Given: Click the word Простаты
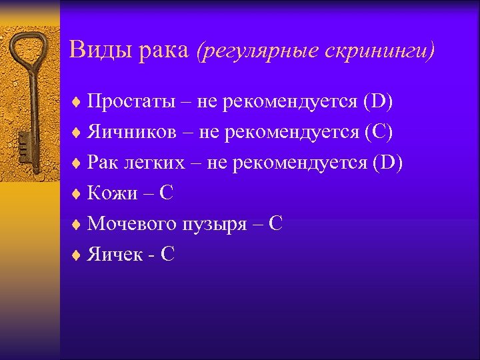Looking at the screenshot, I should [129, 102].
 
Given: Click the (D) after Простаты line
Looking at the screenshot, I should [378, 102].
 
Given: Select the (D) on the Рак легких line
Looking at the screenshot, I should [389, 163].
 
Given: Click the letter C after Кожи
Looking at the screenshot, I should [167, 193].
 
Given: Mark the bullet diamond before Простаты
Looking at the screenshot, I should [77, 103].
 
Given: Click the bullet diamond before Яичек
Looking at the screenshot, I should [77, 255].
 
